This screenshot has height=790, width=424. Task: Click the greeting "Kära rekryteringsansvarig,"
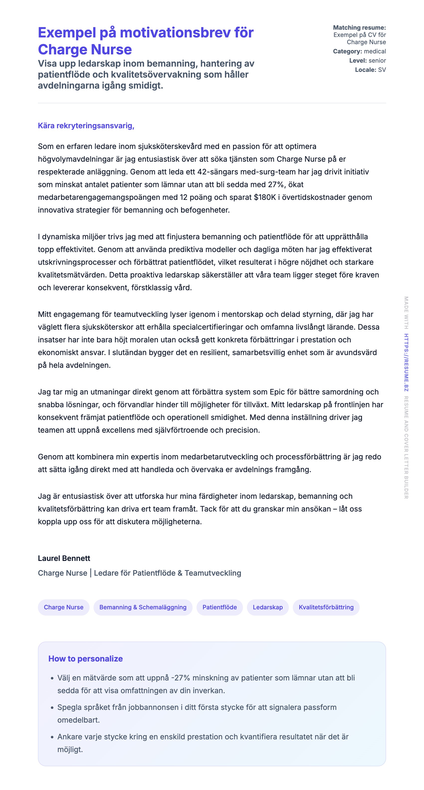(86, 126)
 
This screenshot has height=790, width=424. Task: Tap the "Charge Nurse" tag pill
(63, 607)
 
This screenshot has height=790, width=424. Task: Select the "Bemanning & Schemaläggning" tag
(143, 607)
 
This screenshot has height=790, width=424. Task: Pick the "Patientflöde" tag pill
(219, 607)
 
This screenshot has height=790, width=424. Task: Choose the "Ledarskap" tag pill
(268, 607)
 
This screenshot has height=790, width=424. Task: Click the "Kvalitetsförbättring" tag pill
(326, 607)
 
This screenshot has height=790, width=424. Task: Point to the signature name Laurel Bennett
(64, 558)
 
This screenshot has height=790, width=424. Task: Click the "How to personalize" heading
(85, 658)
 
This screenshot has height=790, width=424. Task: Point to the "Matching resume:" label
(359, 28)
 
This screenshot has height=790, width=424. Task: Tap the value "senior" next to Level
(377, 60)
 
